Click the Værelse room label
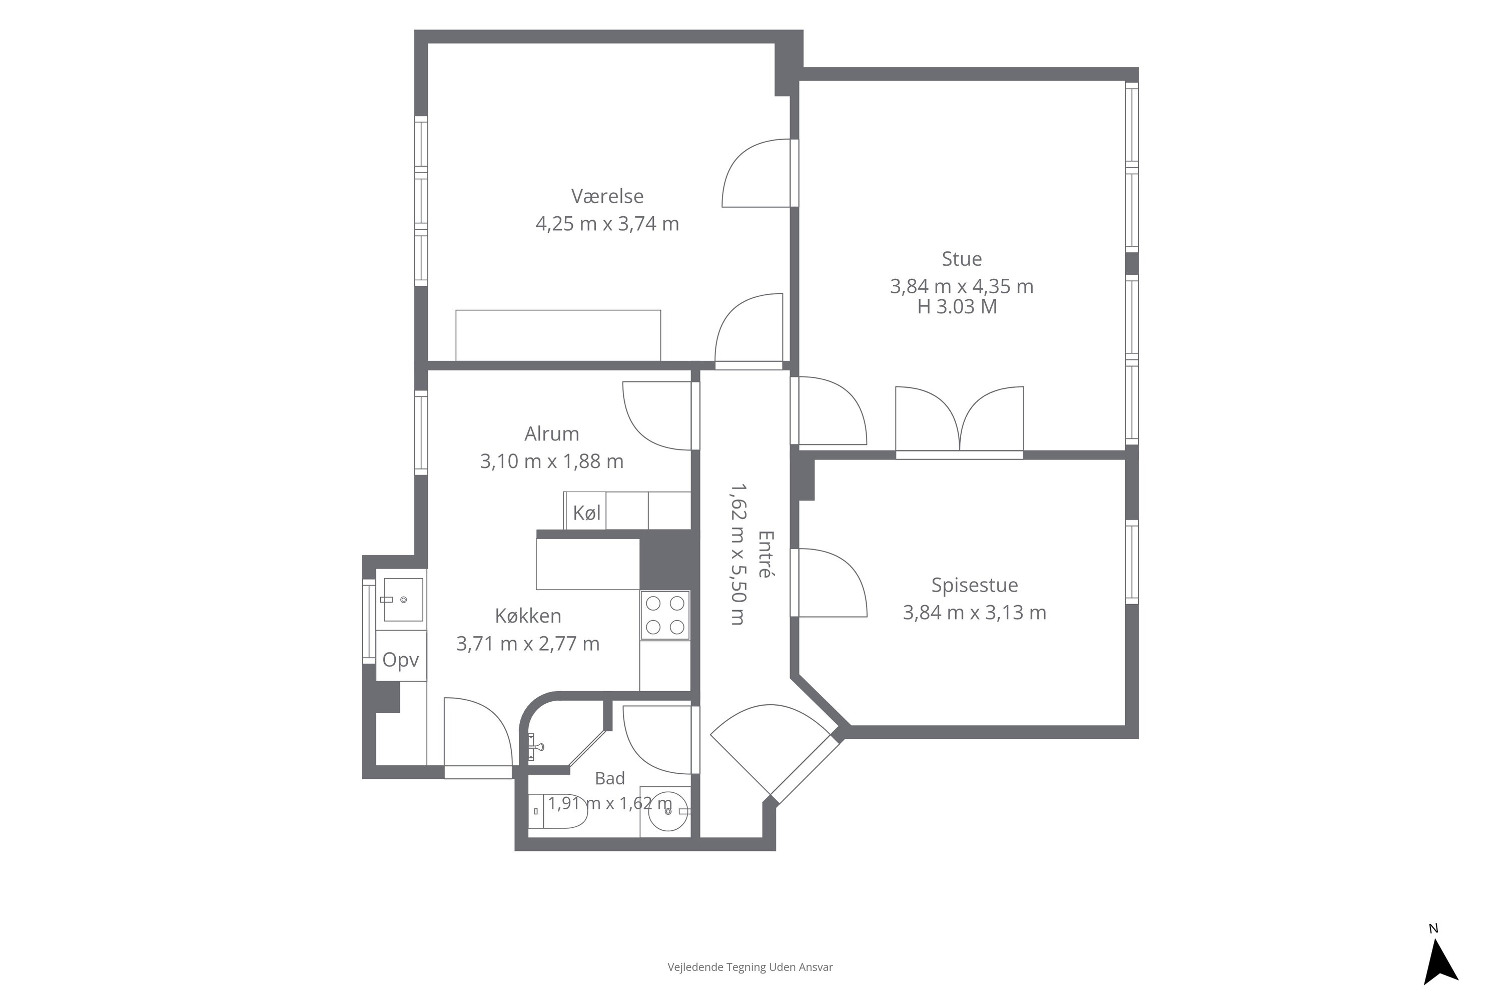[607, 196]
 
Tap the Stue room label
[962, 259]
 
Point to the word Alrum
[552, 434]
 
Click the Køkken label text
[528, 616]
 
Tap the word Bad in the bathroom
[609, 778]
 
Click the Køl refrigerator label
[586, 513]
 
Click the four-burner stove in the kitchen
[665, 615]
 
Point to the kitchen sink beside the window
[403, 600]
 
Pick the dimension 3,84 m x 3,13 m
[975, 613]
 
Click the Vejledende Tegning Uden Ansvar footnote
[750, 967]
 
